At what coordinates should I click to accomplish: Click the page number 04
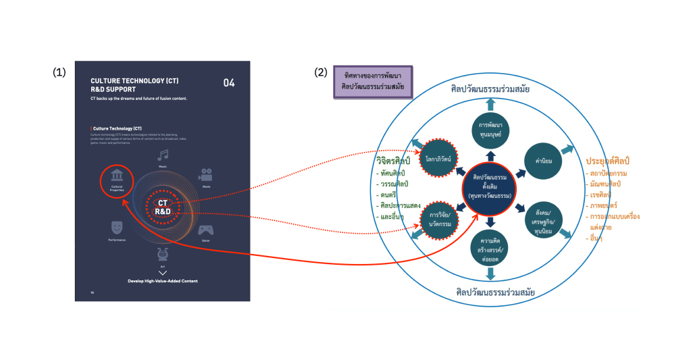(x=229, y=83)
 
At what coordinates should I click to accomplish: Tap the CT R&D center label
(x=163, y=207)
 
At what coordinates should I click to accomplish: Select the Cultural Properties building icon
(x=118, y=175)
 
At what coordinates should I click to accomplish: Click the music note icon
(x=163, y=155)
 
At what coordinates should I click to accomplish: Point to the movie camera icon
(x=205, y=174)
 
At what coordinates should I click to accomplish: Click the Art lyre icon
(x=163, y=254)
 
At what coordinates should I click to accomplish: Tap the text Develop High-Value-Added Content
(x=162, y=280)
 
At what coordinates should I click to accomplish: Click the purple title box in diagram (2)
(x=373, y=82)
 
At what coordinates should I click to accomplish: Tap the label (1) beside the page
(x=59, y=73)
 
